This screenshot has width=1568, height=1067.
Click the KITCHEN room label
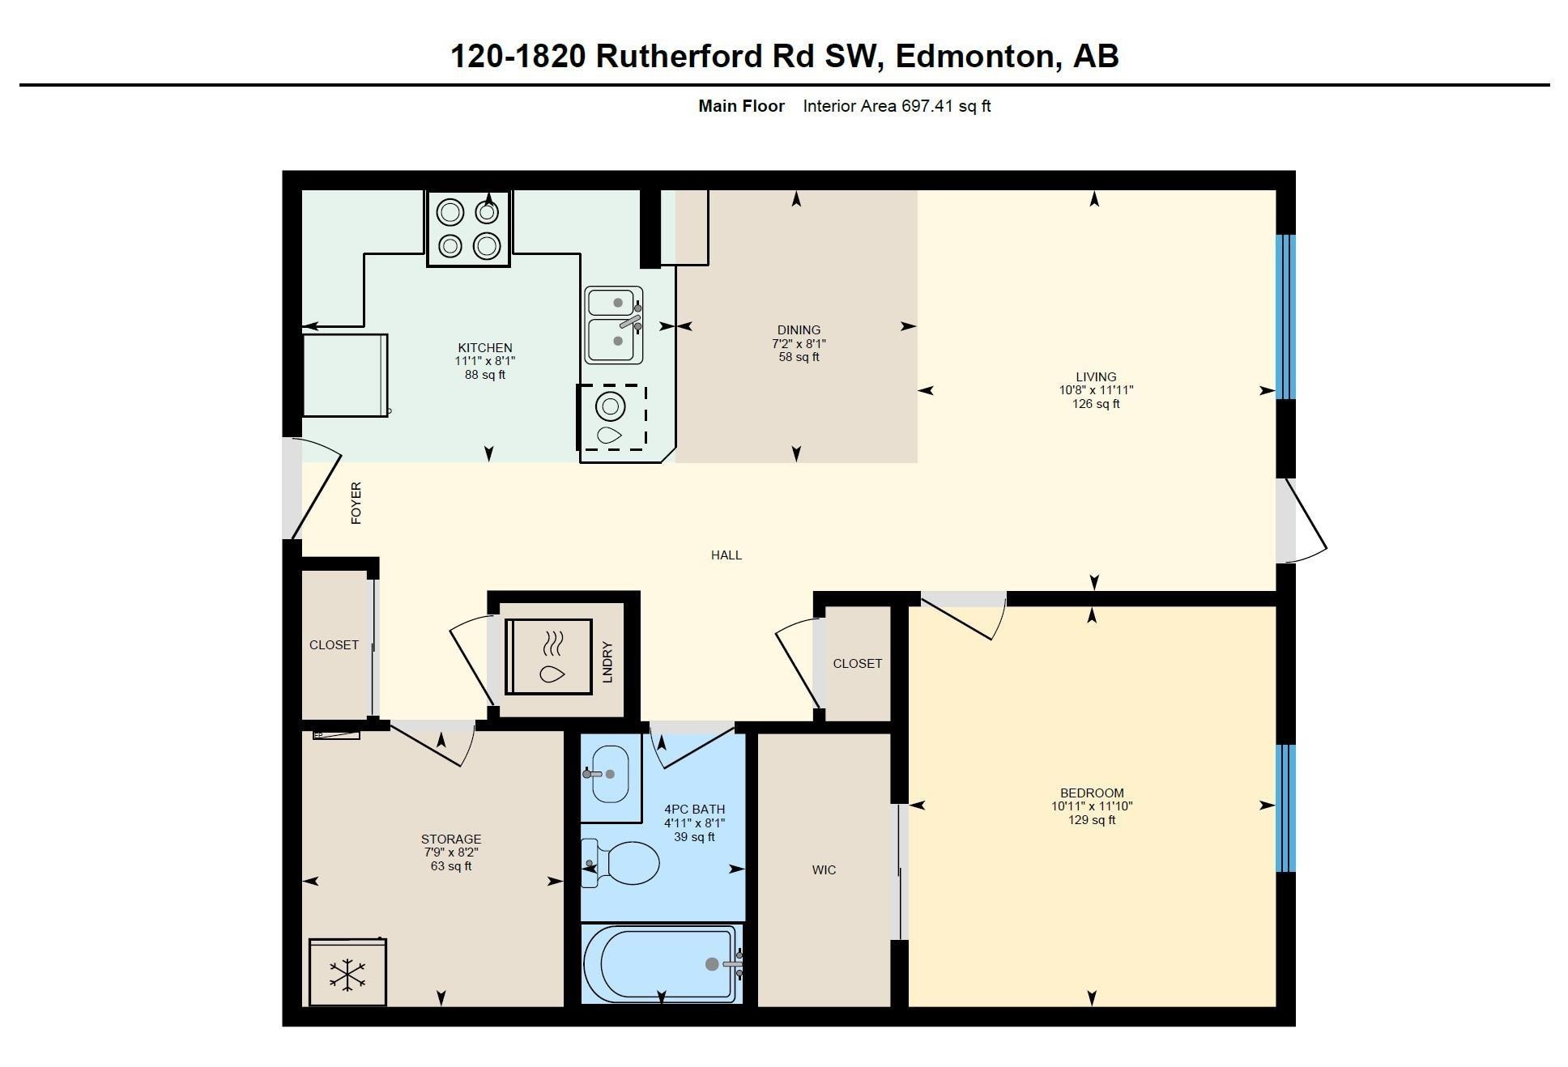tap(485, 348)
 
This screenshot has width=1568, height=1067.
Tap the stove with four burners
tap(469, 228)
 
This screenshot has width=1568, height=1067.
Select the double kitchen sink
tap(614, 325)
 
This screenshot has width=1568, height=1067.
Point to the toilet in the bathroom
tap(620, 863)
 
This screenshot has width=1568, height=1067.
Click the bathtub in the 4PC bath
tap(663, 963)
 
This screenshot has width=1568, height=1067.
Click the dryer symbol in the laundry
tap(548, 657)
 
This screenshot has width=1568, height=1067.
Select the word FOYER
tap(356, 503)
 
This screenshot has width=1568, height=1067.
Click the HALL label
tap(726, 555)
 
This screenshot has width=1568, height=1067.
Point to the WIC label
tap(824, 870)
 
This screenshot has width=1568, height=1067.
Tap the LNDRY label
tap(607, 662)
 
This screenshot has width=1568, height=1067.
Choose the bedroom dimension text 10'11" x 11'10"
tap(1092, 806)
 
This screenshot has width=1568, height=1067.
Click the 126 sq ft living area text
tap(1096, 404)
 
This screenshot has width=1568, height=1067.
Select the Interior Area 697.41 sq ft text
tap(897, 106)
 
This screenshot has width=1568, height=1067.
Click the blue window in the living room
tap(1286, 317)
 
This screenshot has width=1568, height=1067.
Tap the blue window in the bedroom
tap(1286, 808)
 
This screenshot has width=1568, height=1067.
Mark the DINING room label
tap(799, 330)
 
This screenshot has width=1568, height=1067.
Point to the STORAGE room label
tap(451, 840)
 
